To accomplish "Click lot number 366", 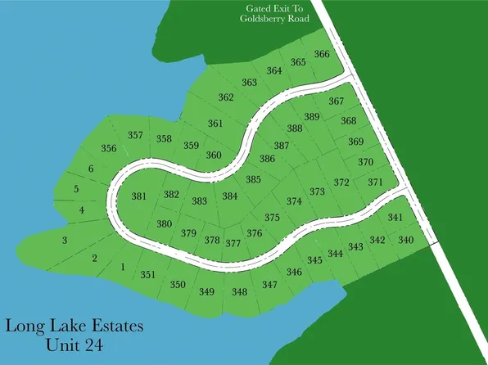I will [322, 54].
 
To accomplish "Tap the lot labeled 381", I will [139, 196].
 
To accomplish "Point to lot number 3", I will [64, 240].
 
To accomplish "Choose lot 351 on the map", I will [147, 276].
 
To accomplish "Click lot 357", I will [136, 135].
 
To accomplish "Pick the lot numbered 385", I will [253, 179].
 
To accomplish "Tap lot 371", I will [375, 182].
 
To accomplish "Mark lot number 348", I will [239, 292].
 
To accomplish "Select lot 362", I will [226, 98].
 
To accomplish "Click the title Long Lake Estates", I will [75, 326].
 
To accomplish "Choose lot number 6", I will [91, 169].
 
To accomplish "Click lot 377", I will [233, 243].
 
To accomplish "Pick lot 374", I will [294, 201].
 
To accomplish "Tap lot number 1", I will [122, 267].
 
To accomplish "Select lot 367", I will [336, 101].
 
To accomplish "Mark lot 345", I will [314, 260].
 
